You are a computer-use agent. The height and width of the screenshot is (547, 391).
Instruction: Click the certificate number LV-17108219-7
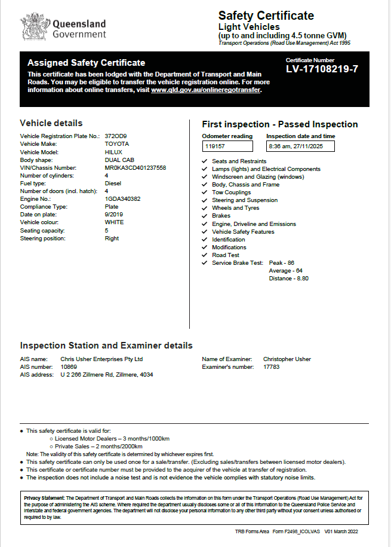(322, 69)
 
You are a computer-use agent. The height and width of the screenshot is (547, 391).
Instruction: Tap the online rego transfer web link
(206, 90)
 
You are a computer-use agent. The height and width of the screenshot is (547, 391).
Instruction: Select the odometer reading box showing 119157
(227, 146)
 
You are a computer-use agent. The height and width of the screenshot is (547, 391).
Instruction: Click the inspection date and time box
(301, 146)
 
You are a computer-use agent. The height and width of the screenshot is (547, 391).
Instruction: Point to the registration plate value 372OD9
(115, 136)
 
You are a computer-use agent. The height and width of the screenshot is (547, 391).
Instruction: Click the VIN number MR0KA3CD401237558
(135, 168)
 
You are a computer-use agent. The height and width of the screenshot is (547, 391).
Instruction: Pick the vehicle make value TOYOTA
(116, 144)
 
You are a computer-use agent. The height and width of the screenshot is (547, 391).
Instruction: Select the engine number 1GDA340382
(124, 199)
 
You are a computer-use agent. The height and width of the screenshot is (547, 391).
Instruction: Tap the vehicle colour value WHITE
(114, 222)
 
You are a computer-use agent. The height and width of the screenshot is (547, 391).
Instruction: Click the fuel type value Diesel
(113, 184)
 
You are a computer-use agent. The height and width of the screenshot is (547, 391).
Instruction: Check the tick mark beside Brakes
(205, 216)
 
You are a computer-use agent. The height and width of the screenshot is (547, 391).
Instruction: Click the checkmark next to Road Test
(205, 255)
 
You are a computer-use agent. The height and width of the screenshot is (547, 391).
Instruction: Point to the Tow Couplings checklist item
(231, 192)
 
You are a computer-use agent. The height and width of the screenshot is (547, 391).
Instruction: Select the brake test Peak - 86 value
(282, 262)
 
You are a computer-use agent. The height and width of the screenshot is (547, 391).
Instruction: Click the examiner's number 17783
(271, 367)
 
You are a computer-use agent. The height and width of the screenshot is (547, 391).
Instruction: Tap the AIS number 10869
(69, 367)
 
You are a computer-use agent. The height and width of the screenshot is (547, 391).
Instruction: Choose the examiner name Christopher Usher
(287, 359)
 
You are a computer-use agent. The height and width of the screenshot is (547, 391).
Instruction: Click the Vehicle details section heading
(51, 123)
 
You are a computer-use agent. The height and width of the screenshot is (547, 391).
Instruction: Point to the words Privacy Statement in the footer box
(44, 497)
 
